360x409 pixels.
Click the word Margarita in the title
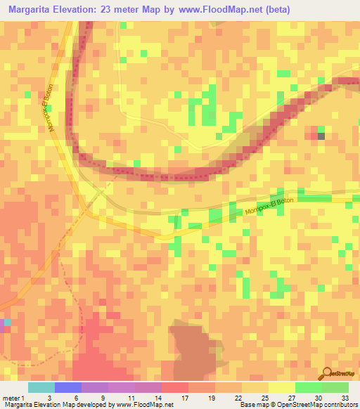33,11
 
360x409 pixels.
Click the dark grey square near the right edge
321,136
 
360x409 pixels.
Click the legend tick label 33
344,397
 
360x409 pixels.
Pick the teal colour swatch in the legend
41,387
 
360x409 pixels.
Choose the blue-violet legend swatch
67,387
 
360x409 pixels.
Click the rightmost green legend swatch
335,387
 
